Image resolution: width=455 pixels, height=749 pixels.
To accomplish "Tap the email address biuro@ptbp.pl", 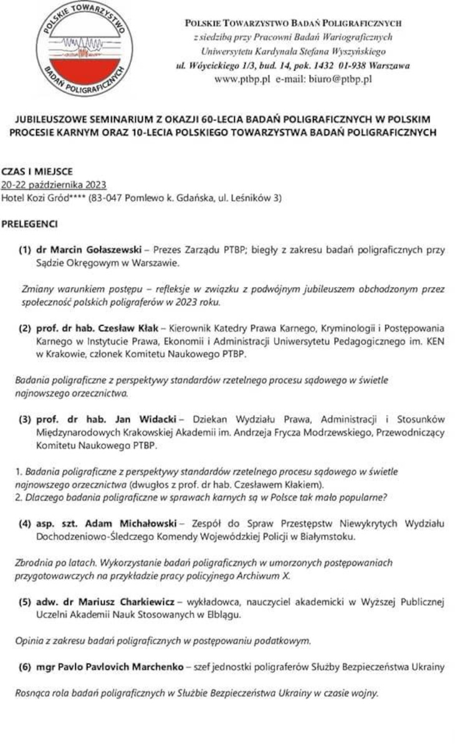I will (340, 79).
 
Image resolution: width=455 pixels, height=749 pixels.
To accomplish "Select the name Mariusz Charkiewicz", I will (116, 602).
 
